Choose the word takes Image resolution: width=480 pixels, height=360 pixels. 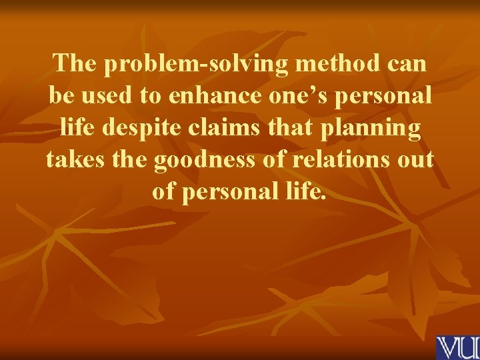point(75,160)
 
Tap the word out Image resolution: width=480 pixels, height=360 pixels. point(419,160)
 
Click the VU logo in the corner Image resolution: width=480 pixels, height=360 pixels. point(457,347)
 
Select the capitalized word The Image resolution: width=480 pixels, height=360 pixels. point(77,64)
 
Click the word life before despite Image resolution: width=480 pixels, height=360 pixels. point(77,128)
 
